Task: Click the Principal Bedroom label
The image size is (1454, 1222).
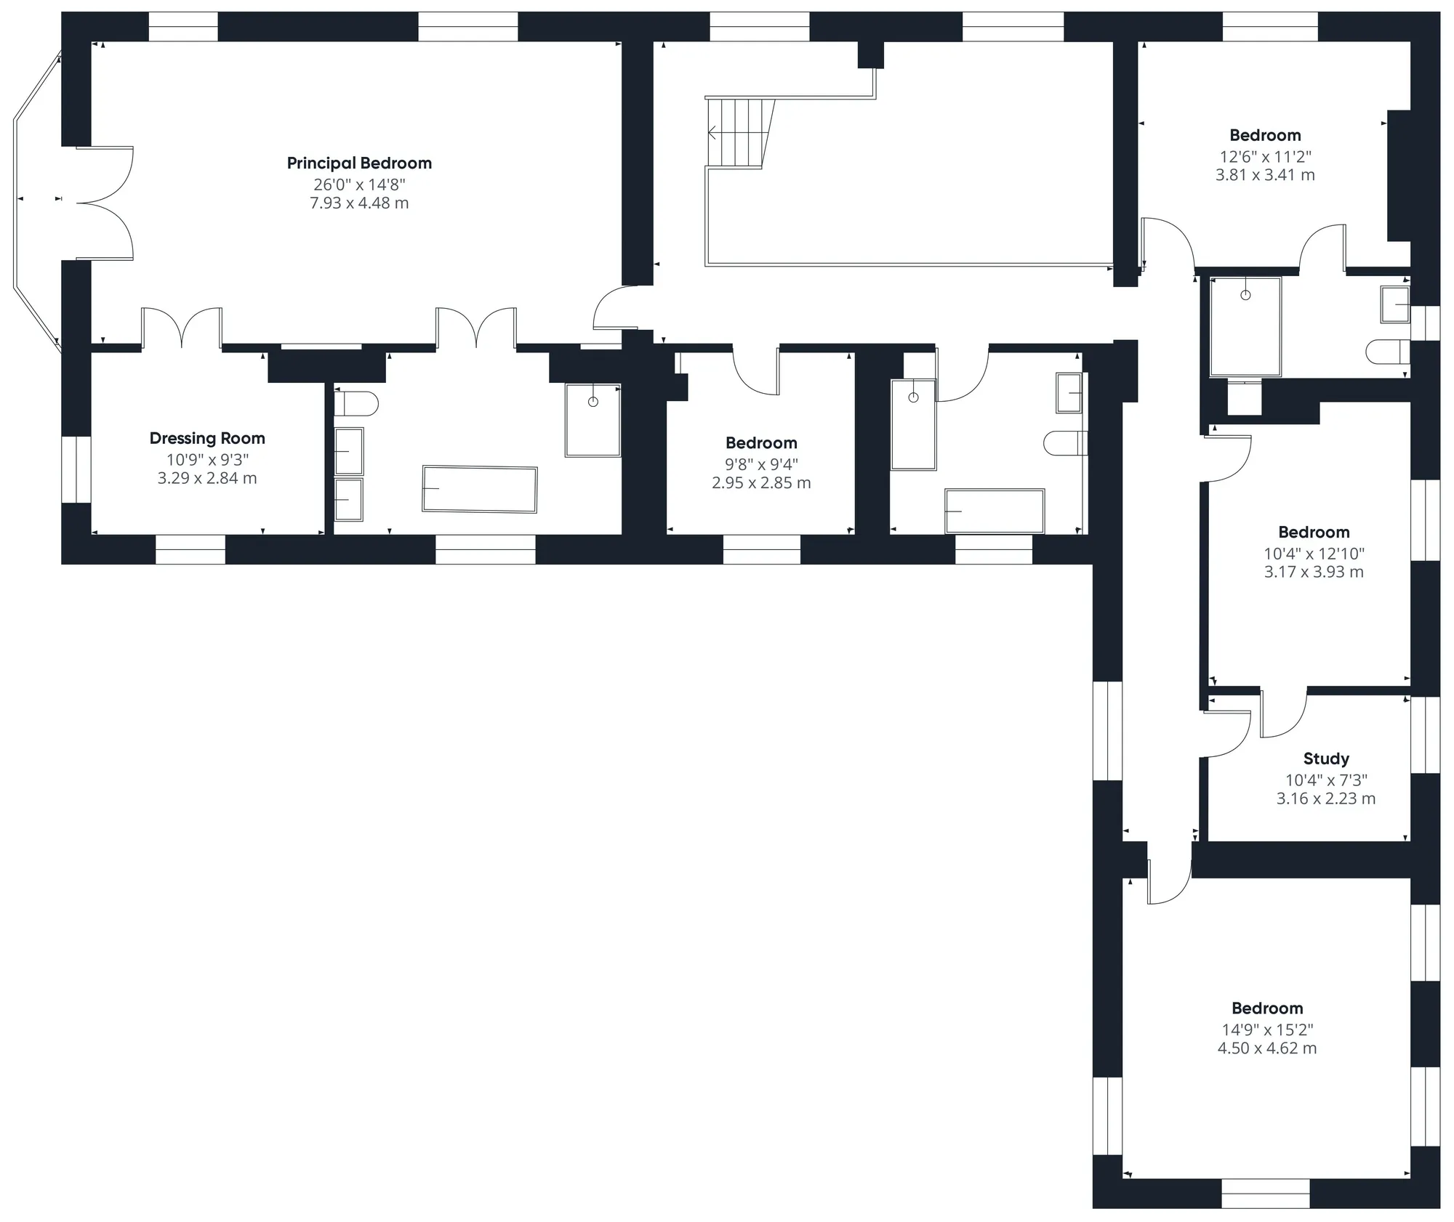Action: [x=359, y=163]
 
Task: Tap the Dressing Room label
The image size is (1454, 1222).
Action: [x=207, y=439]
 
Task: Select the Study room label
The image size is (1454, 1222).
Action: [x=1326, y=759]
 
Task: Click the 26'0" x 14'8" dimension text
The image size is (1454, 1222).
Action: [x=359, y=185]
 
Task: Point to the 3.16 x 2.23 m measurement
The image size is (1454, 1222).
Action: [x=1326, y=798]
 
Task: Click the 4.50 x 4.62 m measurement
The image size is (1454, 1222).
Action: [x=1267, y=1048]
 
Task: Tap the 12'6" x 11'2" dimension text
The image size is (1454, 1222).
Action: [x=1265, y=156]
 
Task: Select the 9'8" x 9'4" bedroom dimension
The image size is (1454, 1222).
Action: [x=761, y=464]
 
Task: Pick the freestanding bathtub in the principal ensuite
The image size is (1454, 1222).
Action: [x=480, y=490]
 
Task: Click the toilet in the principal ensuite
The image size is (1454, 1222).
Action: [x=356, y=403]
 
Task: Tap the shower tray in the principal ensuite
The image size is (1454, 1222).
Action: [x=593, y=420]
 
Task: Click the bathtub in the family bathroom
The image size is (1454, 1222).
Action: [x=995, y=511]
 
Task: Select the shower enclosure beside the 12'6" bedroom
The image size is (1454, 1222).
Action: [x=1245, y=327]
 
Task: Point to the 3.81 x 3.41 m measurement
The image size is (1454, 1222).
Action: [x=1265, y=175]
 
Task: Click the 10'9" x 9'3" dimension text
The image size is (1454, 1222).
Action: [x=207, y=460]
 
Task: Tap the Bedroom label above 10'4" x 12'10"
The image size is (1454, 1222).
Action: [x=1314, y=533]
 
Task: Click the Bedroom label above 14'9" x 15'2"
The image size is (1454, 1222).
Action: [x=1267, y=1008]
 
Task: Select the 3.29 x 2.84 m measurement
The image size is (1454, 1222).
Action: [x=207, y=478]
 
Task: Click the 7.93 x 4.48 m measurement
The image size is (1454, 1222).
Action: [x=359, y=203]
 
